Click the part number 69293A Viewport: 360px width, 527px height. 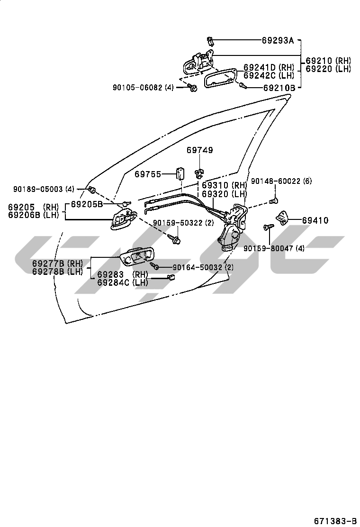[x=278, y=41]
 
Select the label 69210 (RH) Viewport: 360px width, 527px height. [x=328, y=61]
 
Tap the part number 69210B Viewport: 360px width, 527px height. [x=279, y=88]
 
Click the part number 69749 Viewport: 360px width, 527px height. [x=199, y=150]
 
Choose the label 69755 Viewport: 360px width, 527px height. [x=148, y=174]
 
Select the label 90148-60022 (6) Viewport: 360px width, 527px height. [x=281, y=181]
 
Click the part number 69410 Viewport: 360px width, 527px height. [x=315, y=220]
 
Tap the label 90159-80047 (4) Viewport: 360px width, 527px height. [x=274, y=248]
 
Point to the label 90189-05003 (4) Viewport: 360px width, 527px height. [x=44, y=189]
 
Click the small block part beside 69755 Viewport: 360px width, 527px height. [x=180, y=174]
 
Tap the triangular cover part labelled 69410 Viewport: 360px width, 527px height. [x=282, y=218]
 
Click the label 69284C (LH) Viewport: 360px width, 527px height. [x=123, y=282]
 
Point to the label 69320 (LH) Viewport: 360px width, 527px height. [x=225, y=194]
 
